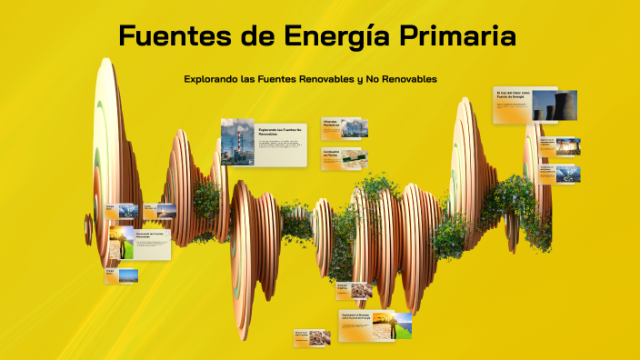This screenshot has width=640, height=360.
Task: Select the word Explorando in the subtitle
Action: (211, 79)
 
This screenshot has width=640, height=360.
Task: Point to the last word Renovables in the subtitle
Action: (409, 79)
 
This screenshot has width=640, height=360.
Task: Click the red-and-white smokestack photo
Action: (237, 142)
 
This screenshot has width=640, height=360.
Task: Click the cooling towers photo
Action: (545, 105)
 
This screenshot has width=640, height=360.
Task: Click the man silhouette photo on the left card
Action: (120, 244)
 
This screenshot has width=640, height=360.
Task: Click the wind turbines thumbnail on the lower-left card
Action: (129, 275)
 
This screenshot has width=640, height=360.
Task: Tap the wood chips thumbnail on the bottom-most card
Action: (317, 337)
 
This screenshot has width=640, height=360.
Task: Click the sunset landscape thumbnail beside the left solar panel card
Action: (165, 210)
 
